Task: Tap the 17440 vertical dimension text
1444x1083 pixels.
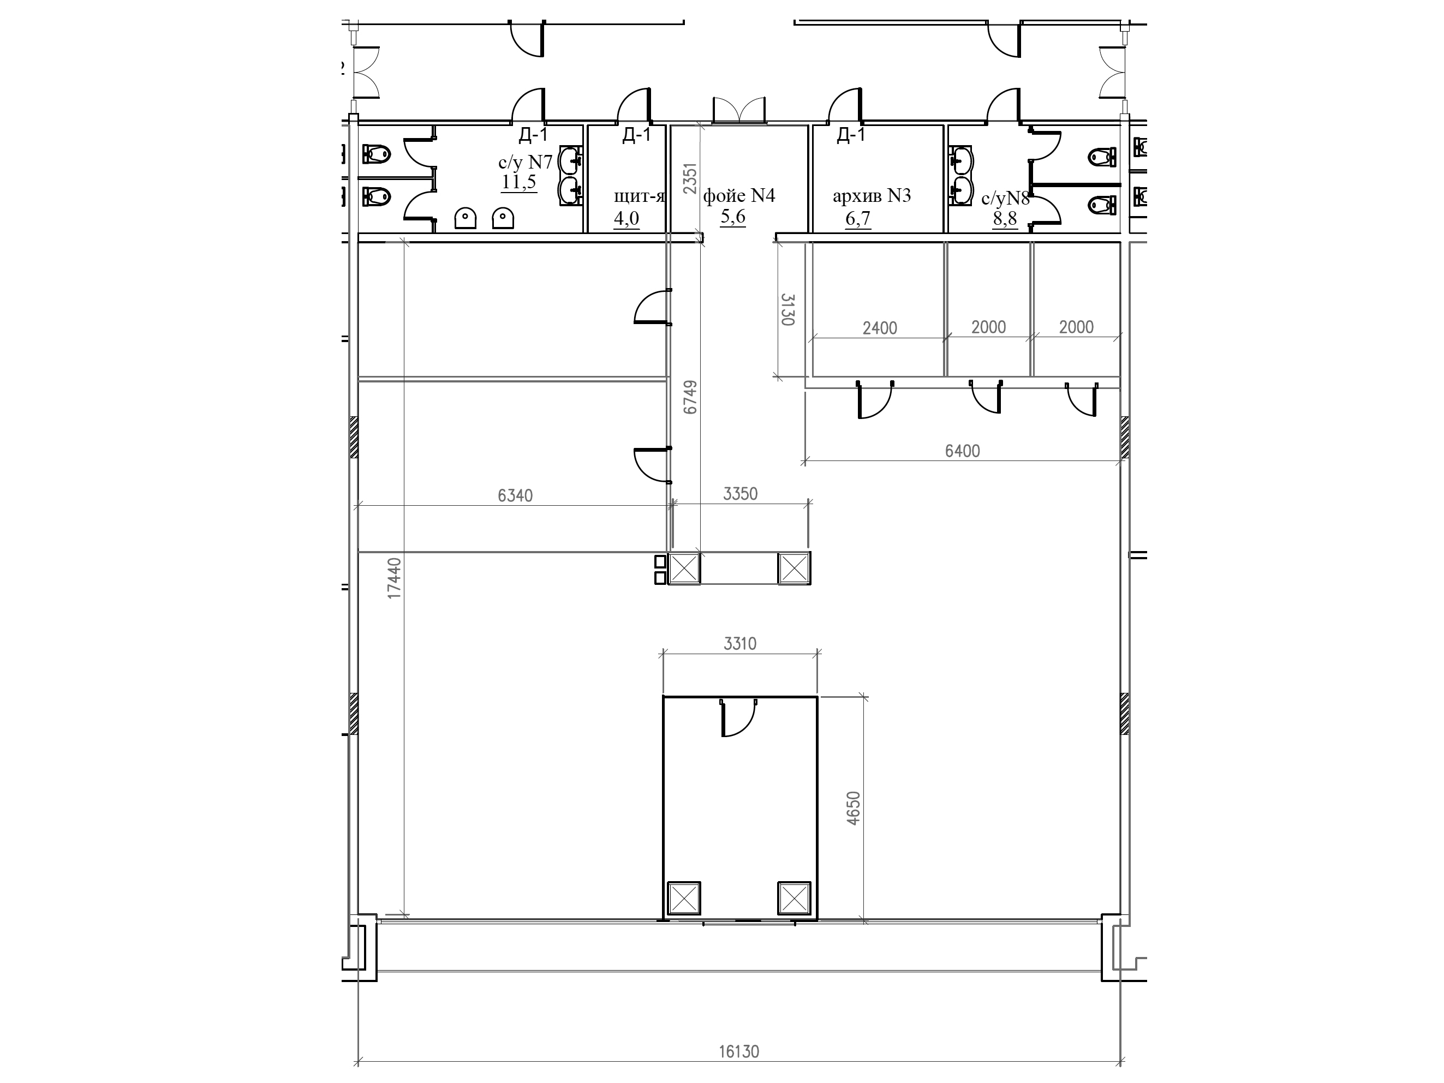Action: pyautogui.click(x=395, y=578)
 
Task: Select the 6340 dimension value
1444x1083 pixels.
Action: pyautogui.click(x=515, y=496)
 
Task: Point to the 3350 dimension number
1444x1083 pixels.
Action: pyautogui.click(x=740, y=494)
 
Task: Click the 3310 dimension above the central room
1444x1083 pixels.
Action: pyautogui.click(x=739, y=644)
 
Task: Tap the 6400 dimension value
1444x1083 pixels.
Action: pyautogui.click(x=962, y=451)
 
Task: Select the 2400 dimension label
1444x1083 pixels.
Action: pyautogui.click(x=879, y=328)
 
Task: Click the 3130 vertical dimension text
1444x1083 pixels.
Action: pyautogui.click(x=788, y=309)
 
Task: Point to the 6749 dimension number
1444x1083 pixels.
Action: pyautogui.click(x=691, y=397)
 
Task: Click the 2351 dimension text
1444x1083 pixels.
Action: pyautogui.click(x=691, y=179)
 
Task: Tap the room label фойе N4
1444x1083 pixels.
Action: pyautogui.click(x=739, y=196)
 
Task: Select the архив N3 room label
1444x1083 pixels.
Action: pyautogui.click(x=872, y=196)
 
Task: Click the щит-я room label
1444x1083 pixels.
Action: pyautogui.click(x=639, y=196)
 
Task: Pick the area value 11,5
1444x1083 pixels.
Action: pyautogui.click(x=519, y=182)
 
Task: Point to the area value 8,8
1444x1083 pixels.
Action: pyautogui.click(x=1005, y=219)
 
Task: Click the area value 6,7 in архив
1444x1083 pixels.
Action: pyautogui.click(x=858, y=218)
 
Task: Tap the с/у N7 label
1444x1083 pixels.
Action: pyautogui.click(x=526, y=162)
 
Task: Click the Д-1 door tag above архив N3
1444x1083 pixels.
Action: pyautogui.click(x=851, y=135)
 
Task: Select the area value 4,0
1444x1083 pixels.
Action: pyautogui.click(x=626, y=218)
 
